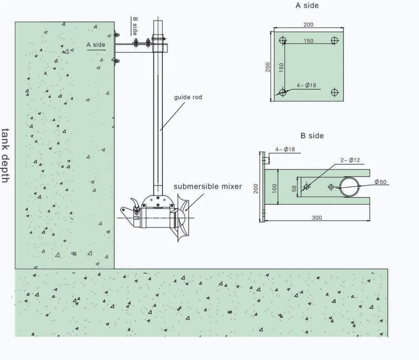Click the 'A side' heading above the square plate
(307, 6)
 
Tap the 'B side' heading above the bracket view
(312, 136)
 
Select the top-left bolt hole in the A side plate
(282, 41)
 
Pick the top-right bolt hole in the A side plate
(334, 41)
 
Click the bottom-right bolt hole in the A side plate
(334, 92)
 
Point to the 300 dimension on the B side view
(317, 218)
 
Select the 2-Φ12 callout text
(350, 160)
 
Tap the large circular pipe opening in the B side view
(350, 187)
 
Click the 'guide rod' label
(188, 97)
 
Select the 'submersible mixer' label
(208, 187)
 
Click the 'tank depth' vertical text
(5, 155)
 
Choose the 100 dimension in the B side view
(275, 187)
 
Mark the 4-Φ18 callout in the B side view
(285, 149)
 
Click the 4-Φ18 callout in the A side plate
(306, 85)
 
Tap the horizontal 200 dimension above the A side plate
(308, 25)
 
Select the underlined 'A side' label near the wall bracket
(96, 45)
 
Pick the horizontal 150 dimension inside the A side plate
(308, 41)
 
